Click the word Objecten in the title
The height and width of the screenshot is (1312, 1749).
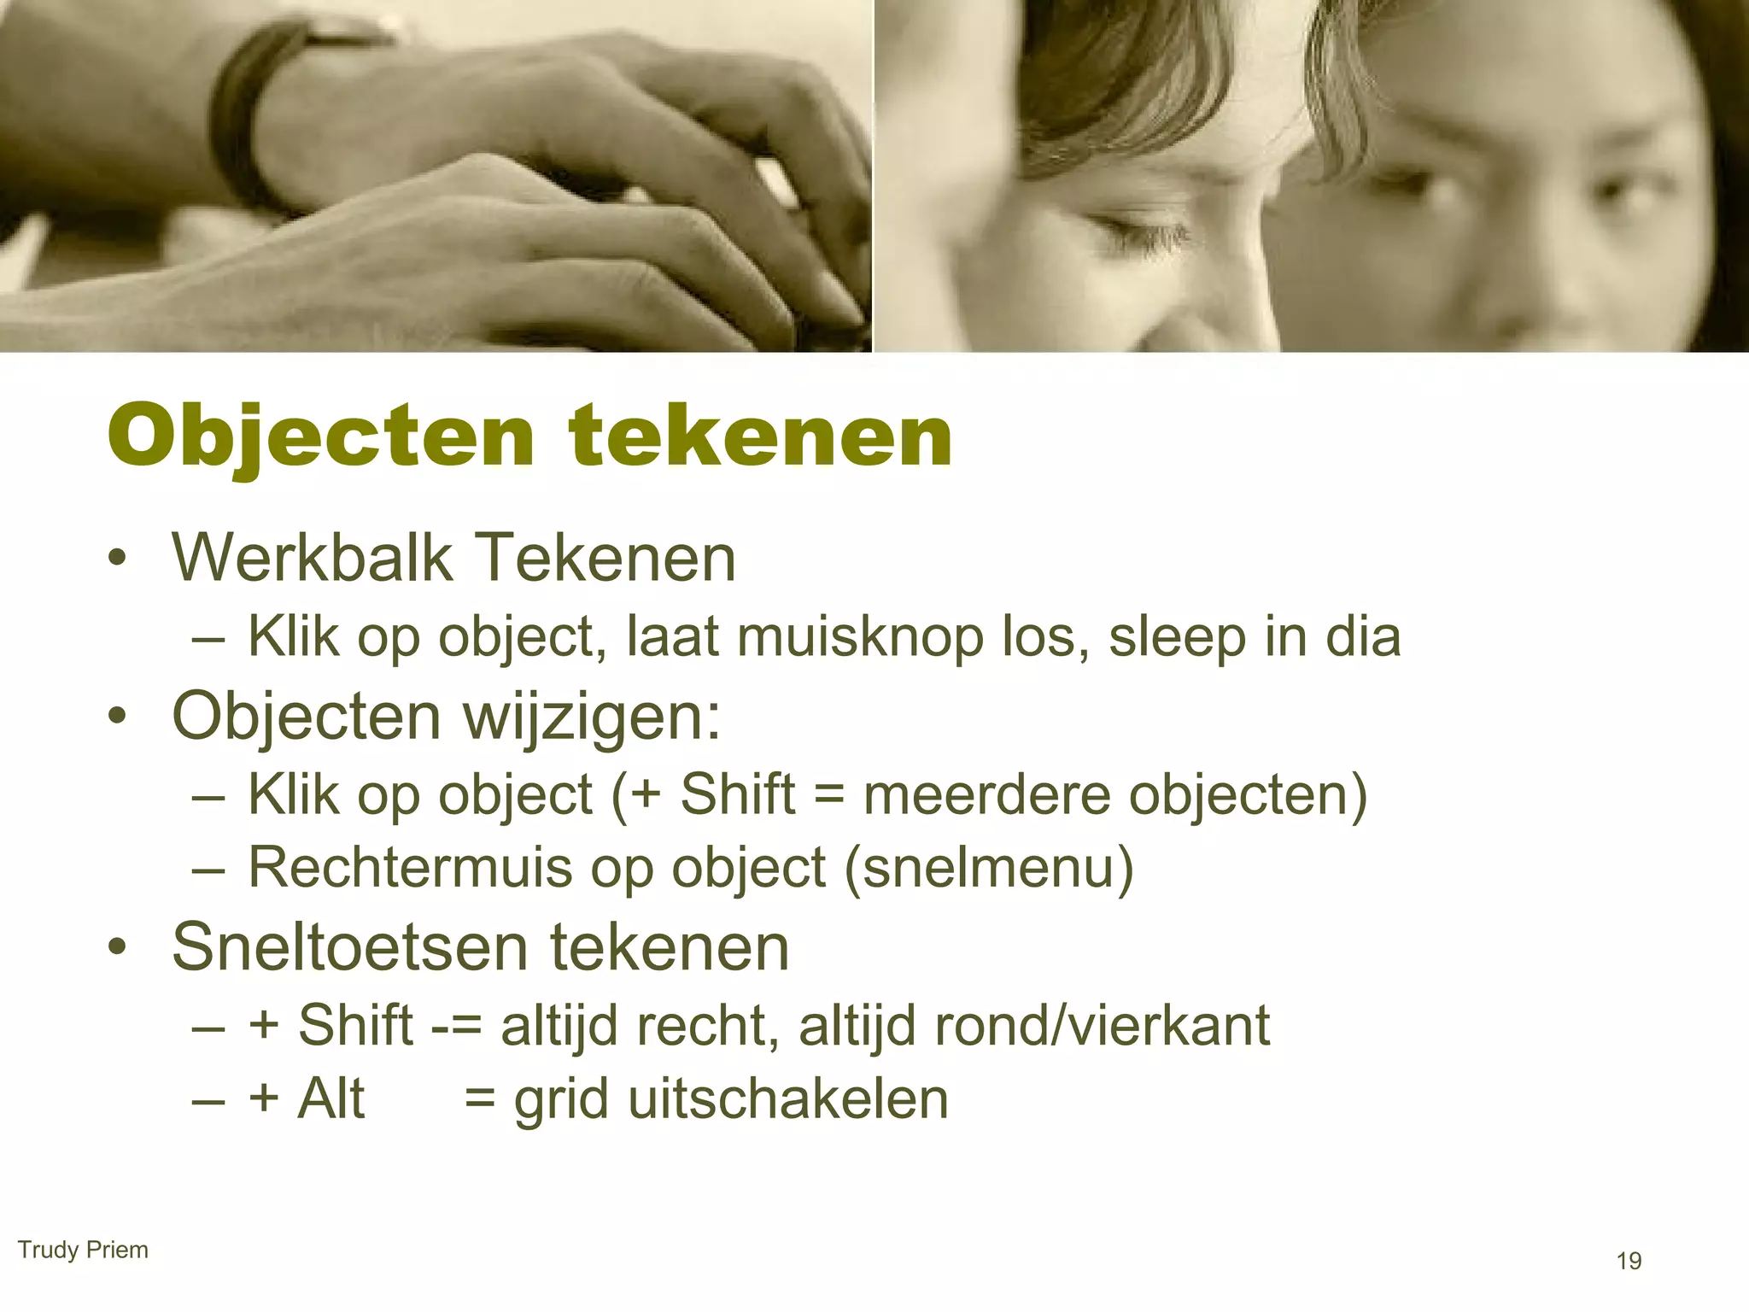(320, 436)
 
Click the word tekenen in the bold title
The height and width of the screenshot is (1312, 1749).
(760, 436)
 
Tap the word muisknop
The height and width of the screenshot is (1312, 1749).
(859, 637)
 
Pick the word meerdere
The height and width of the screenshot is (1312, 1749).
(986, 794)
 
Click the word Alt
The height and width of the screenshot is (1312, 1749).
(331, 1098)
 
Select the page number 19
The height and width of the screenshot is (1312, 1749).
(1629, 1261)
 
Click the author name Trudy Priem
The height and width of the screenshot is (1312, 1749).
(83, 1250)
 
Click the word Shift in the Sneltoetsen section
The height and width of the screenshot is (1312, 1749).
(355, 1025)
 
